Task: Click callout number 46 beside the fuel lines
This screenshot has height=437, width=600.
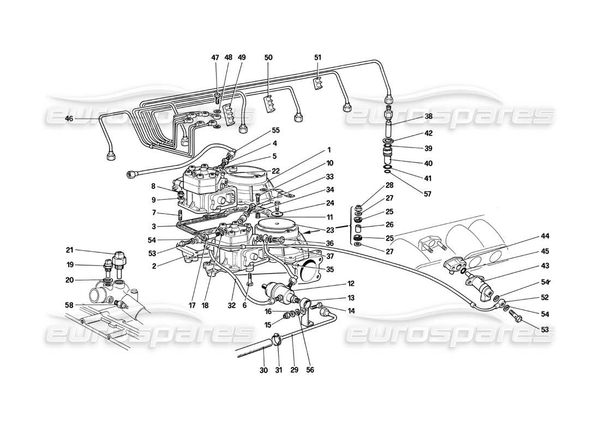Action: (x=69, y=118)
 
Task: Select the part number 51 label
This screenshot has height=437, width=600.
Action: (x=319, y=57)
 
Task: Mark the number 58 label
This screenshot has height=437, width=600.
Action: (x=69, y=305)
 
